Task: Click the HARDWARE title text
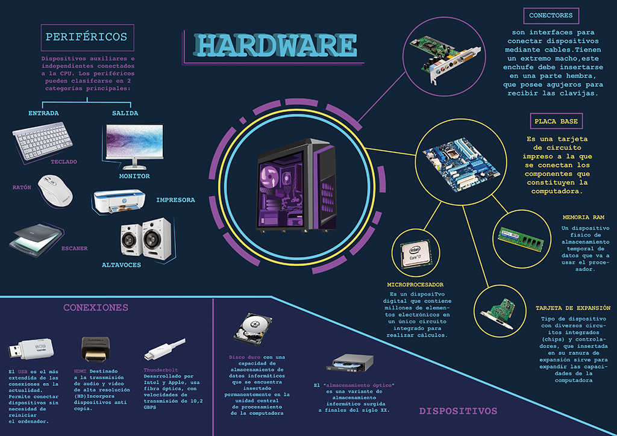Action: pyautogui.click(x=275, y=45)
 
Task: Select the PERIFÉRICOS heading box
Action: pyautogui.click(x=87, y=37)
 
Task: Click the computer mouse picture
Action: pyautogui.click(x=55, y=191)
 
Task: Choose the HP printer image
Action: pyautogui.click(x=119, y=201)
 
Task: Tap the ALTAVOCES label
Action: pyautogui.click(x=121, y=265)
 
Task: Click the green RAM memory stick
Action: pyautogui.click(x=521, y=238)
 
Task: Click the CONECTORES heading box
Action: pyautogui.click(x=551, y=16)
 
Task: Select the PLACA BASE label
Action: pyautogui.click(x=556, y=121)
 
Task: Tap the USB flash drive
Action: pyautogui.click(x=31, y=349)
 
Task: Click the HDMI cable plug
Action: pyautogui.click(x=96, y=349)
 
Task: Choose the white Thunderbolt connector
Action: pyautogui.click(x=164, y=349)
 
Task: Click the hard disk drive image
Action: pyautogui.click(x=252, y=329)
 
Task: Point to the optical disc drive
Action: pyautogui.click(x=350, y=363)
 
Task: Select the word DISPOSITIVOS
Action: pyautogui.click(x=458, y=411)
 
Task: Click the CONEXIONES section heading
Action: pyautogui.click(x=96, y=308)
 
